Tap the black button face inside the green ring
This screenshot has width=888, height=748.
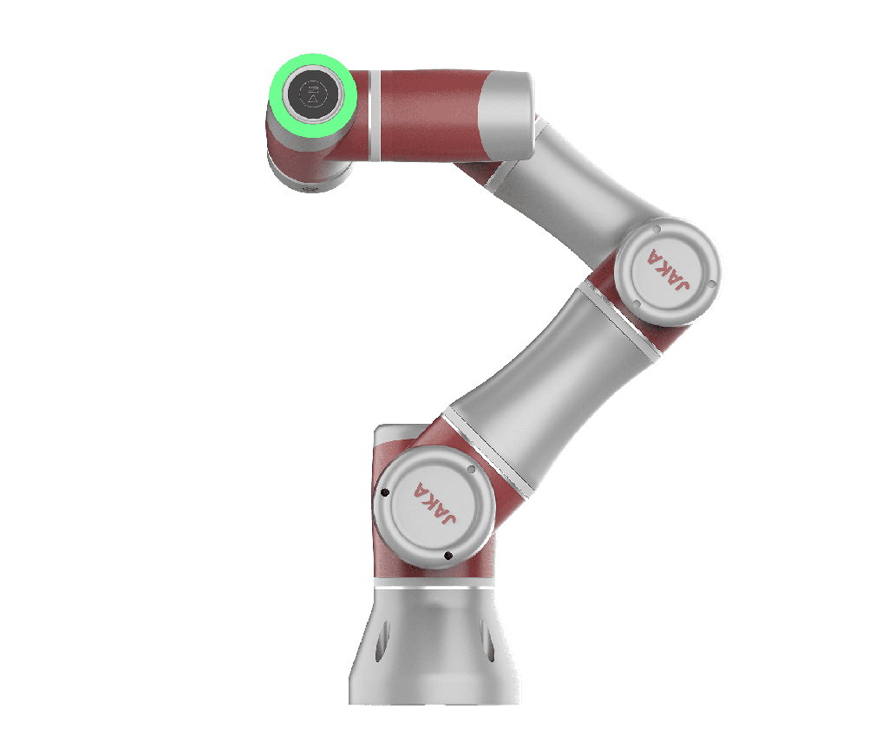tap(312, 94)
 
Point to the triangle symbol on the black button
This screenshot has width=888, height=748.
tap(313, 100)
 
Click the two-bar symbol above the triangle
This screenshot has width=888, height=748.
tap(313, 88)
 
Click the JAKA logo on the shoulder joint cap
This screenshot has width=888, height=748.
tap(434, 503)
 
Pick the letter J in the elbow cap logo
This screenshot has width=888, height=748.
tap(682, 283)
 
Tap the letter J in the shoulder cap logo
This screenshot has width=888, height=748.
tap(447, 517)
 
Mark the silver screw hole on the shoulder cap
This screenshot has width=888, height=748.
tap(471, 469)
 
